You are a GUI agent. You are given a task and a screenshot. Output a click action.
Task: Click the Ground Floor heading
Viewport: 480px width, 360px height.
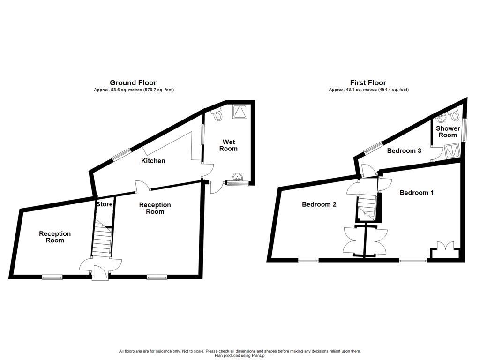click(133, 83)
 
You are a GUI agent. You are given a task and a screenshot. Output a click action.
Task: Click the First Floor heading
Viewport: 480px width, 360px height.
click(368, 83)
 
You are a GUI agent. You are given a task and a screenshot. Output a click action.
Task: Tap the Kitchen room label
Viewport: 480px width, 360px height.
click(153, 161)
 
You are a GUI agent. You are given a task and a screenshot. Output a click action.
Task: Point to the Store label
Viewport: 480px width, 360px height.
click(104, 204)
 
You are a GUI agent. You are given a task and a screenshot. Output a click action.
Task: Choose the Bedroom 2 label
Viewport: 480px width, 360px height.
click(319, 204)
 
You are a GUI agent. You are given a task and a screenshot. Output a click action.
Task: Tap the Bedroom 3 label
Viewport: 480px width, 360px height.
click(404, 150)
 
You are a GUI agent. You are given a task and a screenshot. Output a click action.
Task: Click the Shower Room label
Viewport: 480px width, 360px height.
click(447, 132)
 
